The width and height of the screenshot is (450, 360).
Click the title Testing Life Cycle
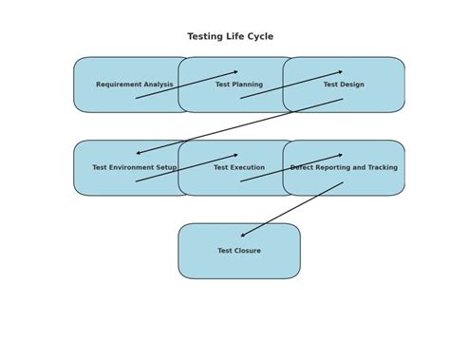[230, 37]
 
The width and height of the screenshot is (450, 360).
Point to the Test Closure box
[239, 264]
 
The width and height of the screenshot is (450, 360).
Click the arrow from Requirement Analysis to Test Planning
[187, 85]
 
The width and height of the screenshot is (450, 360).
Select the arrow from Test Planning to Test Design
[291, 85]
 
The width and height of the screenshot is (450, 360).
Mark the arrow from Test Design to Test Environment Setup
[239, 126]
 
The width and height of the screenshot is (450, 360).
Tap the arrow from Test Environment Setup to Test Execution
[187, 168]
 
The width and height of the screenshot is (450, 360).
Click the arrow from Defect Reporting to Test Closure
[291, 210]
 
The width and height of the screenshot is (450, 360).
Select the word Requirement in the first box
[118, 85]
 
